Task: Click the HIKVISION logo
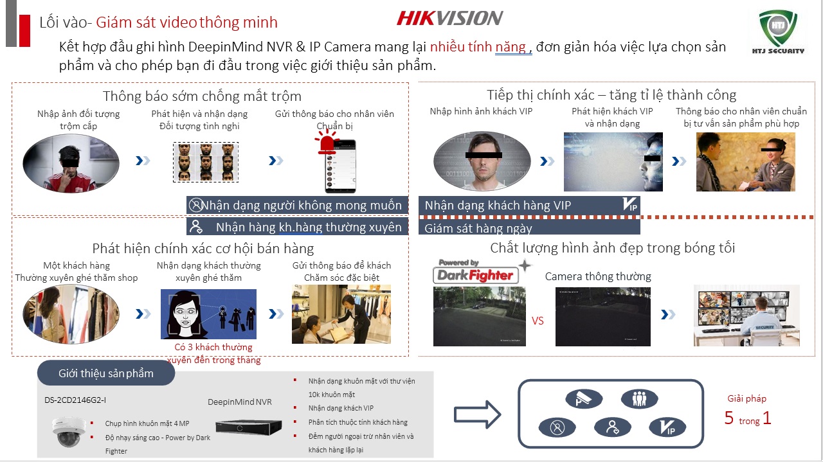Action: pyautogui.click(x=449, y=19)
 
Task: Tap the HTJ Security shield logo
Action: pyautogui.click(x=778, y=31)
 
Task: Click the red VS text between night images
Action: pyautogui.click(x=538, y=321)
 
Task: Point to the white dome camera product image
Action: pyautogui.click(x=68, y=432)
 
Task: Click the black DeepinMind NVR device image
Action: pyautogui.click(x=249, y=427)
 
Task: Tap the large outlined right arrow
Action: pyautogui.click(x=477, y=414)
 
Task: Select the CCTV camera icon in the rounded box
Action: pyautogui.click(x=584, y=398)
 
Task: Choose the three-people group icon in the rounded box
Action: pyautogui.click(x=639, y=398)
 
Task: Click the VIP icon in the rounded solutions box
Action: pyautogui.click(x=667, y=427)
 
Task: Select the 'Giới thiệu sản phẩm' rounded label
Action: pyautogui.click(x=106, y=373)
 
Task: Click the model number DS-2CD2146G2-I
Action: pyautogui.click(x=75, y=400)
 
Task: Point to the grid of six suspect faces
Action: pyautogui.click(x=206, y=162)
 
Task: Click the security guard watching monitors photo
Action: pyautogui.click(x=746, y=315)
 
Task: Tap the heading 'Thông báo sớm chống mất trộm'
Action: pyautogui.click(x=202, y=96)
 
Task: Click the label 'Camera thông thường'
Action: pyautogui.click(x=598, y=276)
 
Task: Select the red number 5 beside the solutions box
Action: pyautogui.click(x=729, y=418)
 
